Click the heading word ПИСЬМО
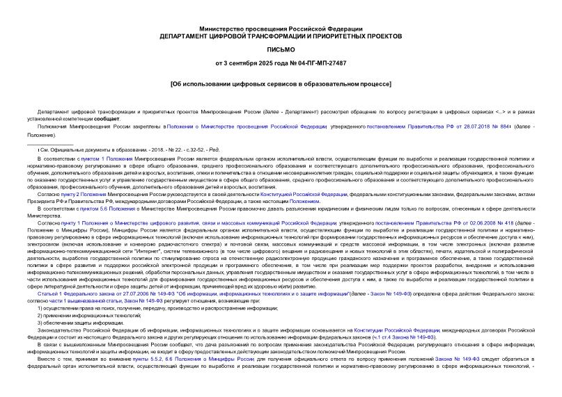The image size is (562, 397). click(281, 50)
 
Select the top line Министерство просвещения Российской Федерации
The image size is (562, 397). click(281, 27)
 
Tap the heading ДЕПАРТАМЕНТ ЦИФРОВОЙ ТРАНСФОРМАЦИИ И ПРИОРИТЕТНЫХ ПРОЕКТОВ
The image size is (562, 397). click(281, 35)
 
